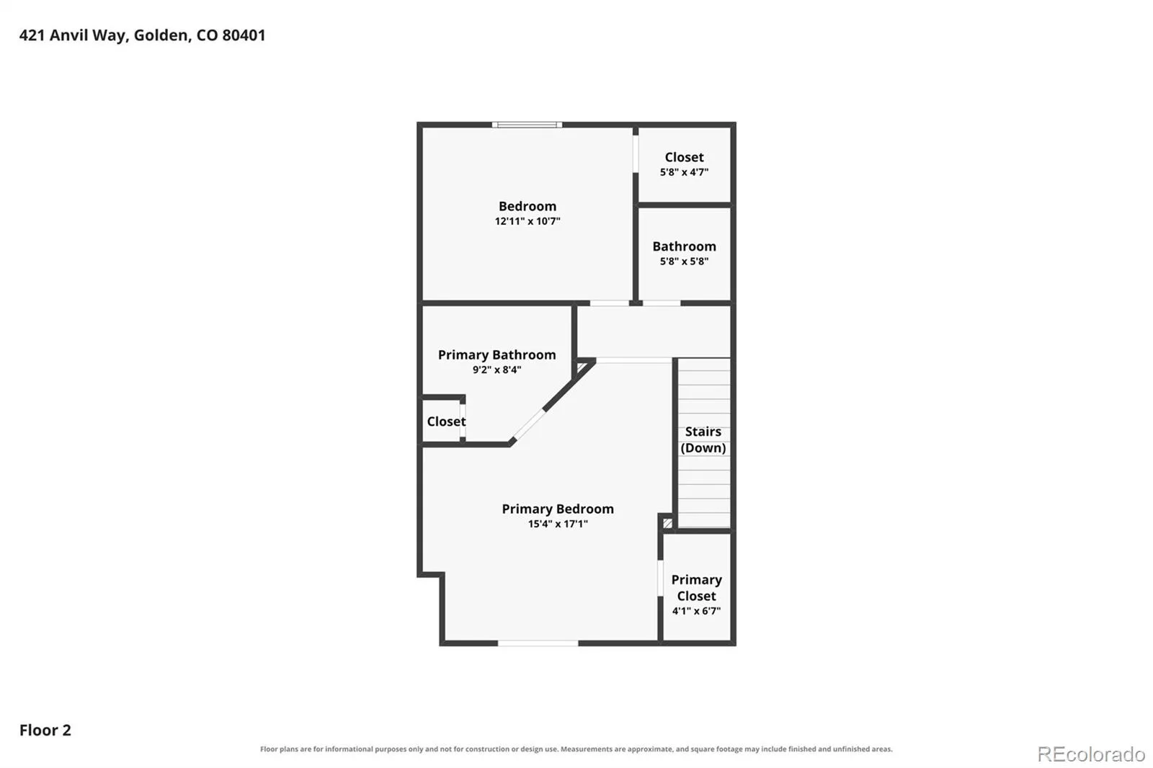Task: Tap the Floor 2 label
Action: pos(45,730)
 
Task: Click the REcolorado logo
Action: pos(1091,754)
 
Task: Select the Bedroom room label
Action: pos(527,207)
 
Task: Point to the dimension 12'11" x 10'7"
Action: pos(527,221)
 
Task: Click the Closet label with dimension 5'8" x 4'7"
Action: pos(684,157)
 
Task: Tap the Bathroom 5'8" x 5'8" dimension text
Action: pos(684,262)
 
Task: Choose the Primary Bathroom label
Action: pos(497,354)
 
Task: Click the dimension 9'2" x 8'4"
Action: pos(497,370)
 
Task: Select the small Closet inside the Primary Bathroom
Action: pos(446,421)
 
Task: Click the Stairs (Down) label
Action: pos(703,439)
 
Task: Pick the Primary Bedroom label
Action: pos(558,509)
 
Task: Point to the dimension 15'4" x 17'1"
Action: pos(558,524)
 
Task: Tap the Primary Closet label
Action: pos(696,588)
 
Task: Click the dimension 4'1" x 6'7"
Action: pos(696,611)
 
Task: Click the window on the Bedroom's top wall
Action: pos(527,125)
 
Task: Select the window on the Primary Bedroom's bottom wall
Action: pos(538,643)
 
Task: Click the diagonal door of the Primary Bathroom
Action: pos(528,424)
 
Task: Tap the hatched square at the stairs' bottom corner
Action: pos(667,524)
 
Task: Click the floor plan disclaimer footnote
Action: pos(576,749)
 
